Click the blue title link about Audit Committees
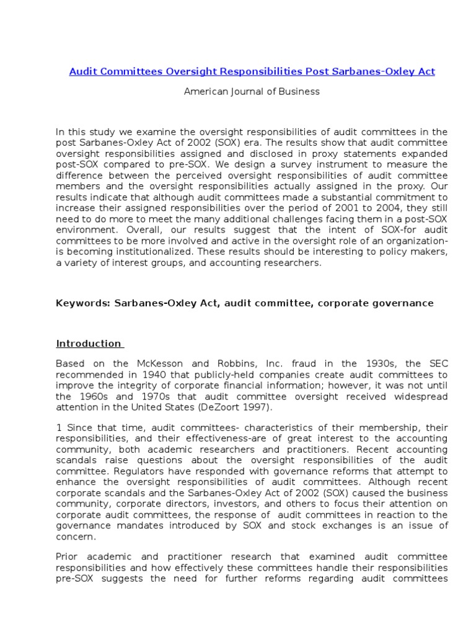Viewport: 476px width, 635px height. click(252, 71)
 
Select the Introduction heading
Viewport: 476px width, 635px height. click(89, 343)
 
